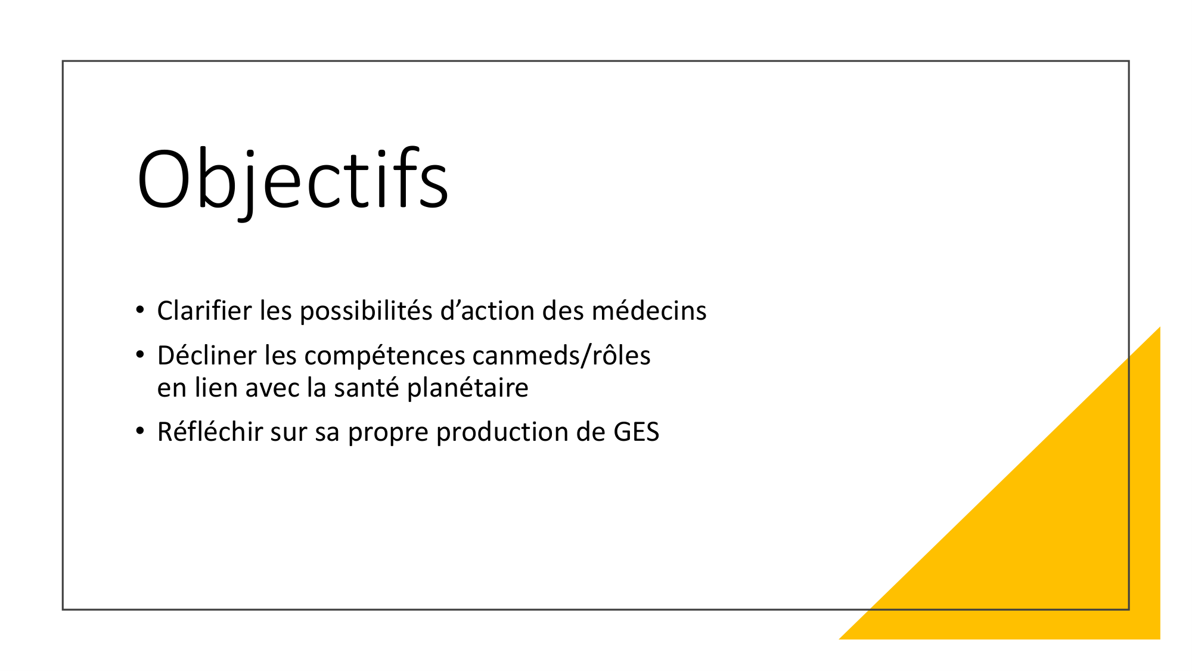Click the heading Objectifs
pos(292,179)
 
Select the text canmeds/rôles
pos(561,355)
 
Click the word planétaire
pos(468,388)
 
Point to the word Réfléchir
pos(210,432)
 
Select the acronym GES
pos(636,432)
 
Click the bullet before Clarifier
pos(140,310)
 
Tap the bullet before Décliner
pos(140,355)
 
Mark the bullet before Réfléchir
pos(140,431)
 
